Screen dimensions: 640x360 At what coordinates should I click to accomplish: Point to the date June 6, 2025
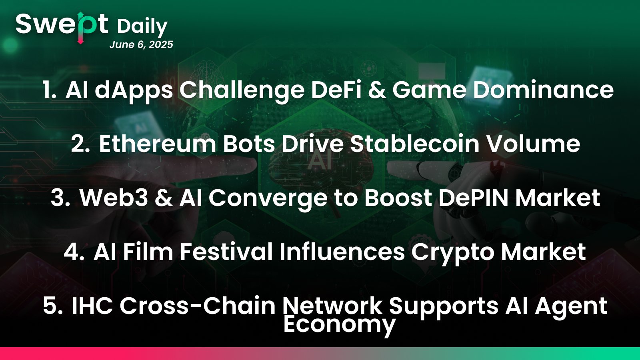(x=141, y=45)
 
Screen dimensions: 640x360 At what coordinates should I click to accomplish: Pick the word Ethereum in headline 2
(x=158, y=144)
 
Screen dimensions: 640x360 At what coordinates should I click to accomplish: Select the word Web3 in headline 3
(x=114, y=198)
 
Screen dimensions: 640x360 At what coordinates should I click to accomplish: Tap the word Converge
(x=268, y=200)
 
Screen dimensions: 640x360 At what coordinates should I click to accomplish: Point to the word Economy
(x=340, y=325)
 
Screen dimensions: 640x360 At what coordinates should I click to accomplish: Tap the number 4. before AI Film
(x=74, y=252)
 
